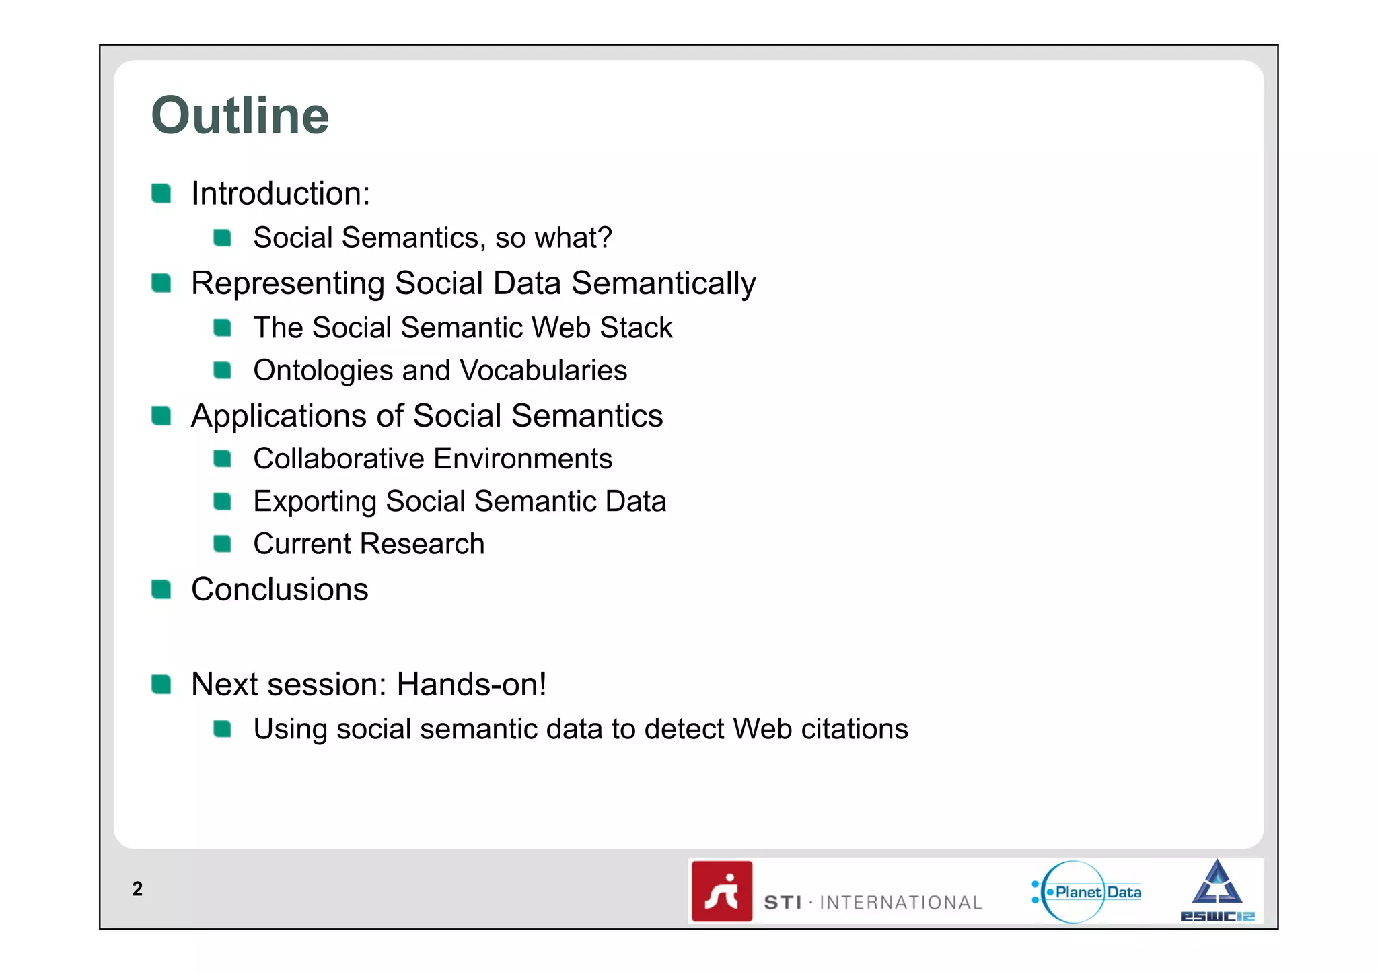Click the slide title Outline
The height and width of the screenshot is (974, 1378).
tap(240, 116)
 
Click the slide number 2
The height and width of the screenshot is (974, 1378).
tap(137, 889)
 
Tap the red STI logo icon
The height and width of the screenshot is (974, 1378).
tap(722, 891)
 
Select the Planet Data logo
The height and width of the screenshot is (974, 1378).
tap(1087, 892)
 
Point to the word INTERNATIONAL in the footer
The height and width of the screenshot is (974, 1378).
tap(900, 903)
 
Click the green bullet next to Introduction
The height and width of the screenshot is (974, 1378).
tap(161, 193)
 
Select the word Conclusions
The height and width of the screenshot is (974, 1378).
tap(279, 590)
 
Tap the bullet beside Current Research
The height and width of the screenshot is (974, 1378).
tap(222, 544)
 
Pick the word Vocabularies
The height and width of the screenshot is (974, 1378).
tap(543, 371)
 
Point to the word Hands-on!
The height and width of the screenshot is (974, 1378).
tap(471, 685)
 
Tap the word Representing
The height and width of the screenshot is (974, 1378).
tap(288, 283)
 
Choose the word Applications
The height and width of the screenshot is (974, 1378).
tap(279, 416)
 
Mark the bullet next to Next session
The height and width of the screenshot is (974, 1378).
tap(161, 685)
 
